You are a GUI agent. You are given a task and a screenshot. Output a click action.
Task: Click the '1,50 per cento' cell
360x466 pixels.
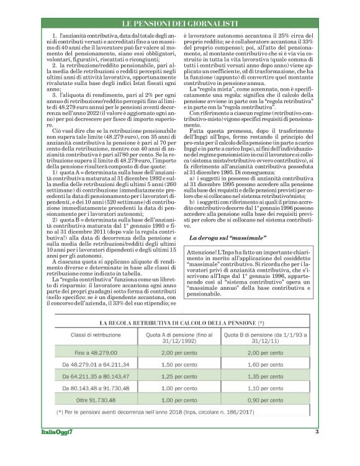point(178,364)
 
